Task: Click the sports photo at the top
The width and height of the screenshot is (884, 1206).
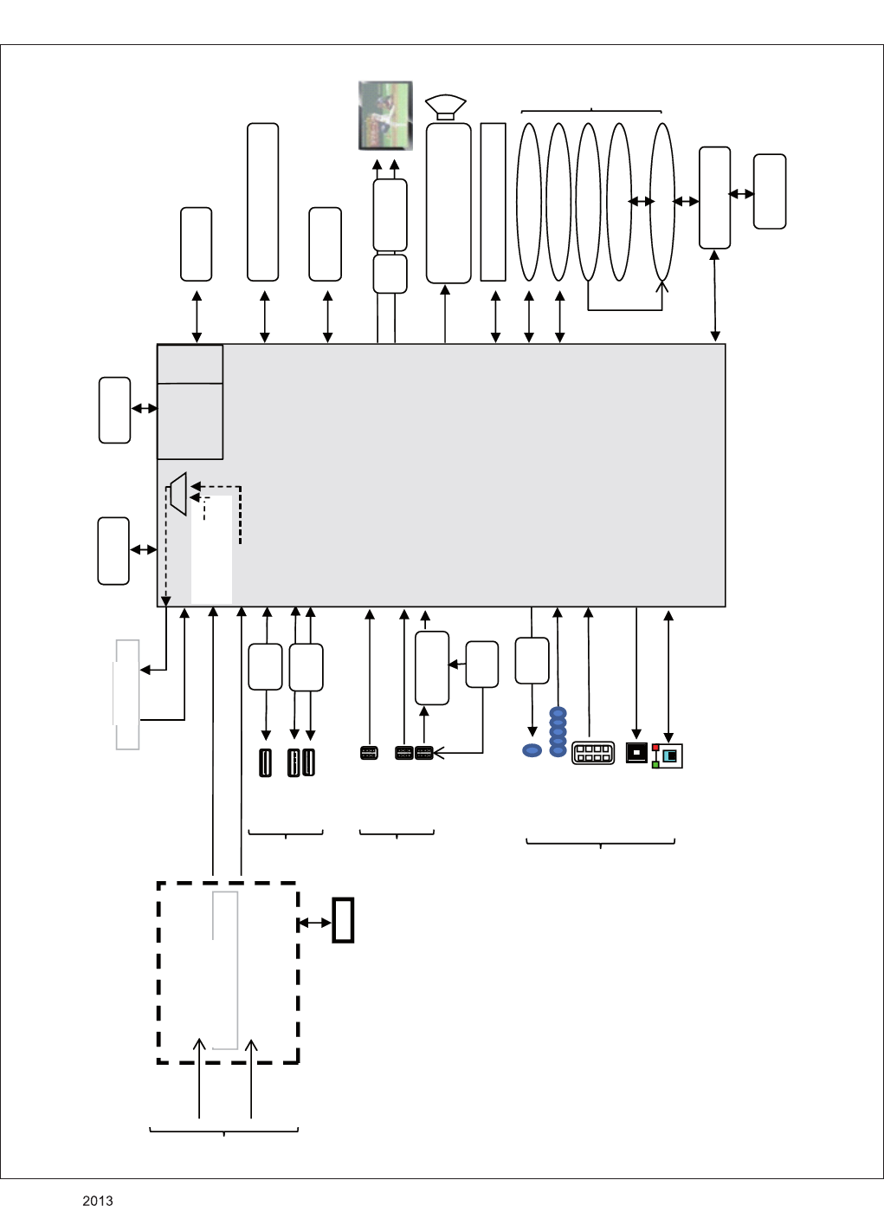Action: click(386, 115)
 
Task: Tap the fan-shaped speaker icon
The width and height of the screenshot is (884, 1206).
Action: click(446, 107)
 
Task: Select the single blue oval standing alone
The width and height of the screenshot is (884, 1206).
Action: click(532, 750)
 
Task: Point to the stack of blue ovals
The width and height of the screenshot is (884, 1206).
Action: click(558, 732)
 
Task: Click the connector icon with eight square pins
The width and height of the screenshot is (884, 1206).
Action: click(593, 753)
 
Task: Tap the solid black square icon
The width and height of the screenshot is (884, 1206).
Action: click(636, 753)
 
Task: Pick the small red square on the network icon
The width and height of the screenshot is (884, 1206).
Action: click(655, 748)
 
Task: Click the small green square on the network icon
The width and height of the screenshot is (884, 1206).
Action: click(655, 764)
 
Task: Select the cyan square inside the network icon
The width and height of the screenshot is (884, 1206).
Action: click(670, 755)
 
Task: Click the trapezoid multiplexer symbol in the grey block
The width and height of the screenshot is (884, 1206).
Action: click(178, 494)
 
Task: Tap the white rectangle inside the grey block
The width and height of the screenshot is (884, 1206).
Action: click(211, 549)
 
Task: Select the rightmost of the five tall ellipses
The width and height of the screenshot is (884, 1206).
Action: click(661, 202)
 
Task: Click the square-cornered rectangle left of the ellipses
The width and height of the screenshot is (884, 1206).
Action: click(493, 202)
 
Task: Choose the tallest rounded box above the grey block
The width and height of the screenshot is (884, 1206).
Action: click(262, 202)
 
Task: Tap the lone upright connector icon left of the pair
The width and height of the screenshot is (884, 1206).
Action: click(265, 763)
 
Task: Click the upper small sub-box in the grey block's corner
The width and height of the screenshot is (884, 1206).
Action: click(190, 364)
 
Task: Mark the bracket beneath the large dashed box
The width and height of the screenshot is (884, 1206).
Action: click(224, 1131)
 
